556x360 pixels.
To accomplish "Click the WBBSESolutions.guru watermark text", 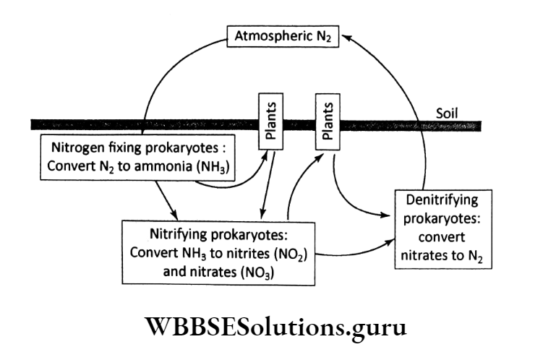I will (277, 328).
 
